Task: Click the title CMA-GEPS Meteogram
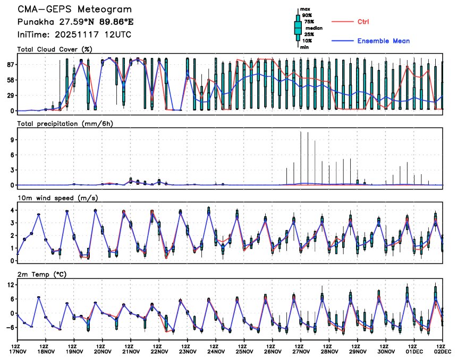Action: coord(75,10)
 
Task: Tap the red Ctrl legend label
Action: coord(363,21)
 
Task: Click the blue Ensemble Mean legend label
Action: coord(383,41)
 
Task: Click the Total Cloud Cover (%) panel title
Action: coord(55,49)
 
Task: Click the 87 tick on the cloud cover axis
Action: coord(10,64)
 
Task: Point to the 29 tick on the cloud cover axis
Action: coord(10,96)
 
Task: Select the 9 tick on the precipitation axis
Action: coord(12,140)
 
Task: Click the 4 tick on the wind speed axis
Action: coord(12,210)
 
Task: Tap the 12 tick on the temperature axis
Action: coord(10,285)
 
